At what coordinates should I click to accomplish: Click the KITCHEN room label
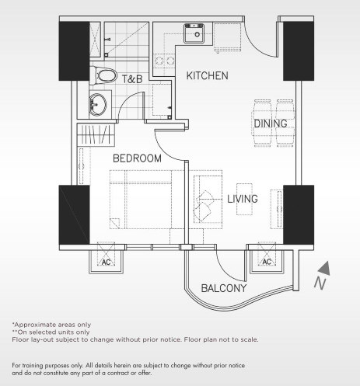tap(207, 76)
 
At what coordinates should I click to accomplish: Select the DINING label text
tap(270, 123)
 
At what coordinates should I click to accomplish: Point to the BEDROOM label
tap(137, 158)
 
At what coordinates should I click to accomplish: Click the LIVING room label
tap(242, 199)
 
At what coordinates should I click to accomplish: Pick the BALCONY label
tap(224, 289)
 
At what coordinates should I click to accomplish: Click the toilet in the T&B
tap(100, 75)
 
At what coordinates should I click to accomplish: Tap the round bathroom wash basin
tap(97, 103)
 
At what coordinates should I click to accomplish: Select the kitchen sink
tap(193, 33)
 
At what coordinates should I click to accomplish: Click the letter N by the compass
tap(319, 284)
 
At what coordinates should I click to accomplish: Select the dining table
tap(271, 123)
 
